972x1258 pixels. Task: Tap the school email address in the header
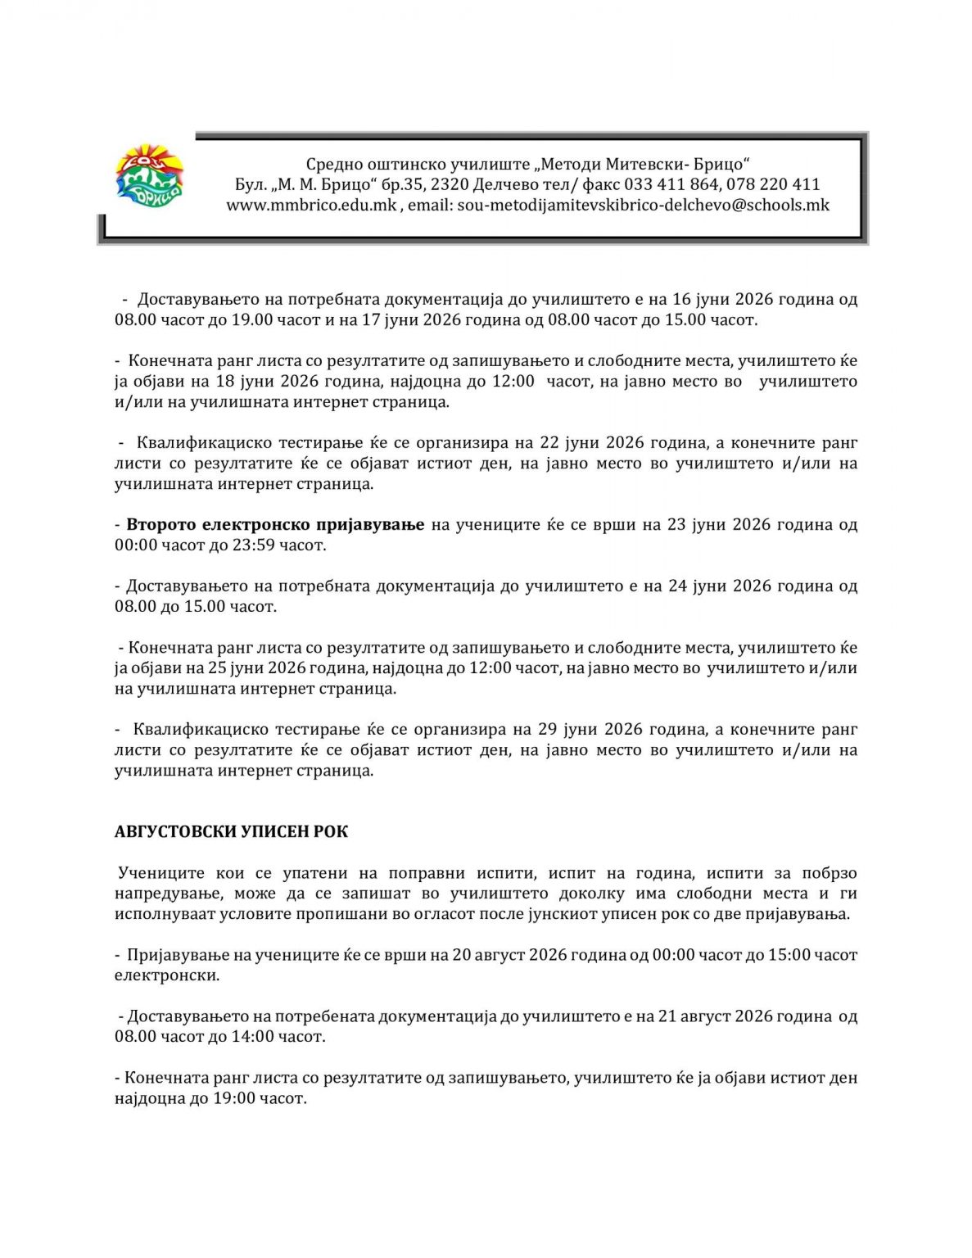pyautogui.click(x=643, y=206)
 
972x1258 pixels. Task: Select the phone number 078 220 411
pyautogui.click(x=773, y=185)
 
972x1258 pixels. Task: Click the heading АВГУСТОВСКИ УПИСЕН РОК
pyautogui.click(x=231, y=832)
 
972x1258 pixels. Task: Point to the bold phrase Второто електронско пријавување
pyautogui.click(x=275, y=525)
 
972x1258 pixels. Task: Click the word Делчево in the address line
pyautogui.click(x=505, y=185)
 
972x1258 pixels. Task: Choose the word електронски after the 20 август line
pyautogui.click(x=166, y=975)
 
